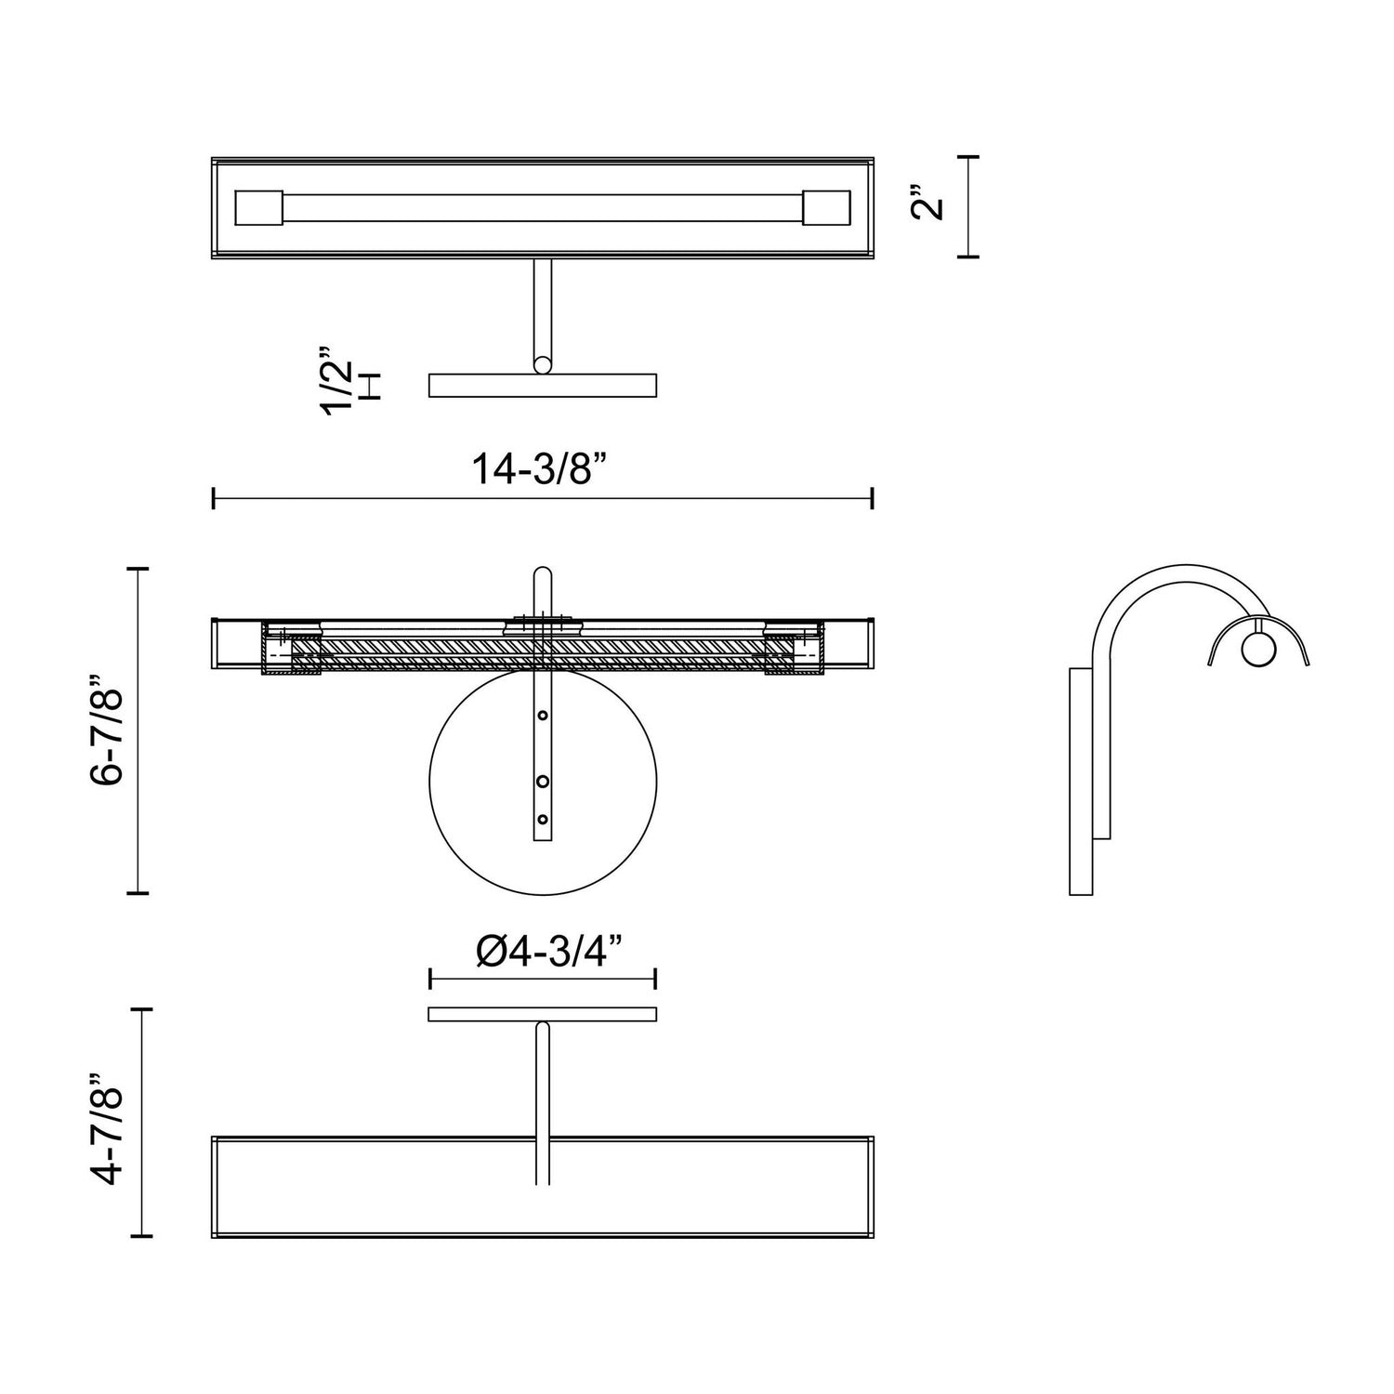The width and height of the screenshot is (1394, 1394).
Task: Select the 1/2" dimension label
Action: click(337, 381)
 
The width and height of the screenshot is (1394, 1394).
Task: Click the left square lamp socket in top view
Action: click(258, 207)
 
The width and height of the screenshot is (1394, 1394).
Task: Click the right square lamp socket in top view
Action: click(826, 207)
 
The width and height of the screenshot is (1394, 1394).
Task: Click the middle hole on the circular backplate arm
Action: click(543, 782)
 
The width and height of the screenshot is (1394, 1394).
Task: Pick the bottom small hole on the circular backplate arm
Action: click(543, 820)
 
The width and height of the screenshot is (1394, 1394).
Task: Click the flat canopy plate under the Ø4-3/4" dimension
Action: click(542, 1014)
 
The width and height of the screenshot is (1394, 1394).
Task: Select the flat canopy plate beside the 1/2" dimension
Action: click(542, 385)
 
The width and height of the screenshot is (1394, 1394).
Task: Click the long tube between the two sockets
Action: click(542, 207)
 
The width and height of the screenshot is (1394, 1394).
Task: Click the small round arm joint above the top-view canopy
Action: click(542, 364)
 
